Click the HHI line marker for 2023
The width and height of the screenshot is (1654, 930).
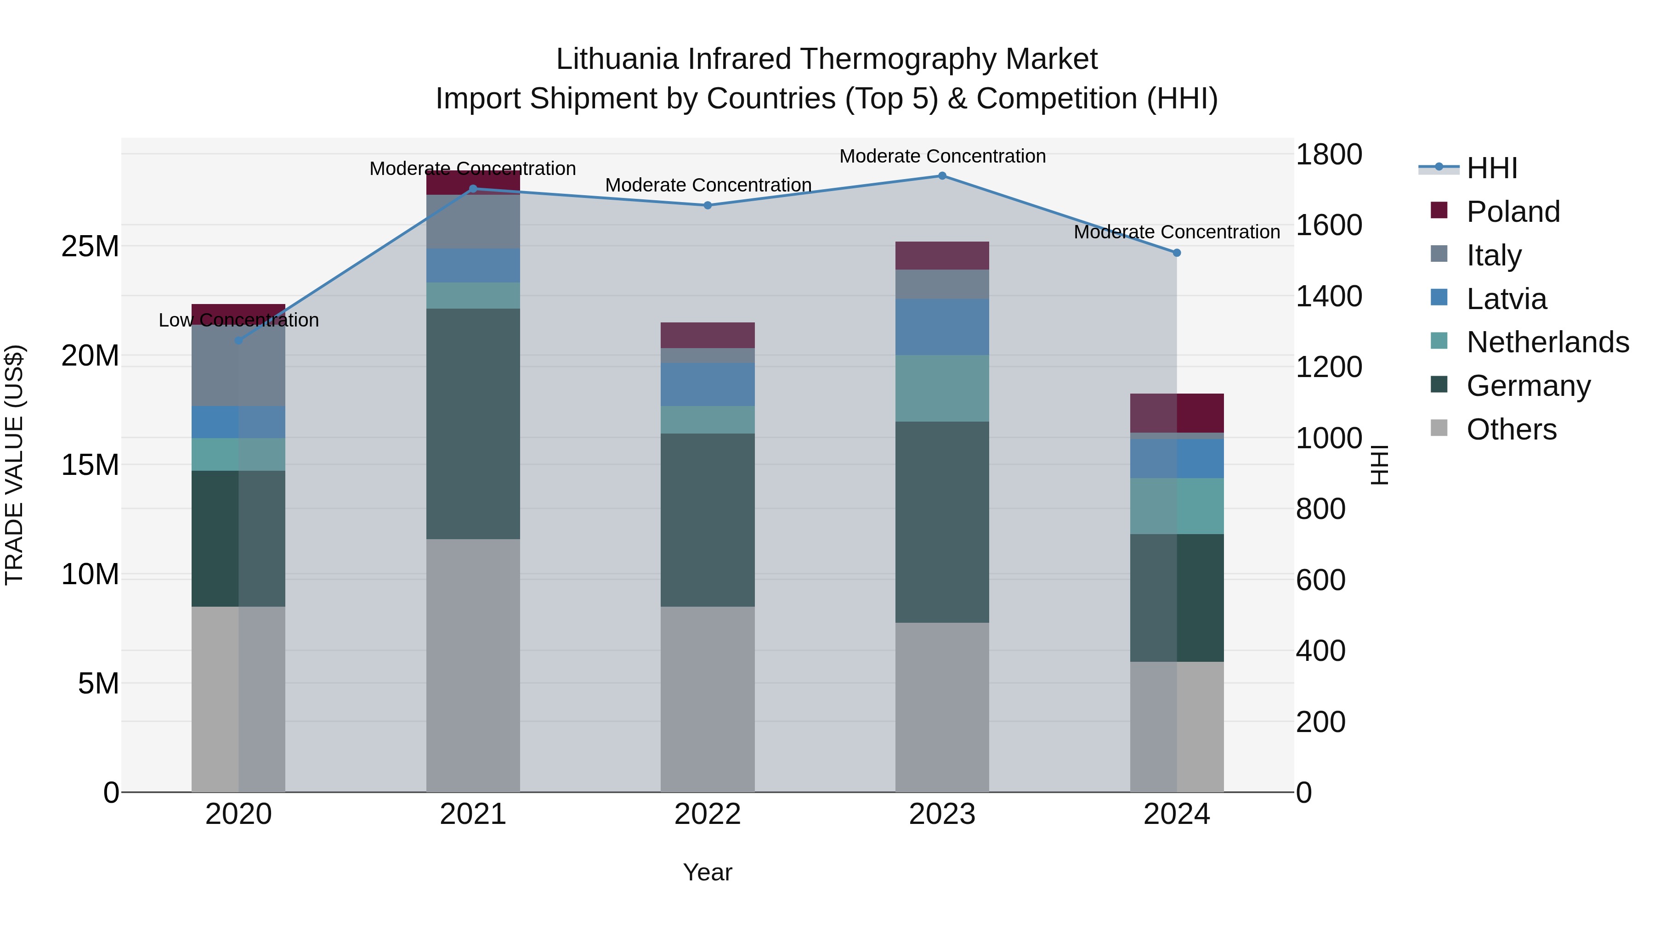pyautogui.click(x=942, y=176)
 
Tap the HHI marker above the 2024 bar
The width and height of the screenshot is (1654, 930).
pyautogui.click(x=1176, y=253)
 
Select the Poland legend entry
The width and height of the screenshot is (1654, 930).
pyautogui.click(x=1513, y=212)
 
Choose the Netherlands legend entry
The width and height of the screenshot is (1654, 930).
pyautogui.click(x=1547, y=342)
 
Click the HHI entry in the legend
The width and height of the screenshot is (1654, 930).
pyautogui.click(x=1491, y=168)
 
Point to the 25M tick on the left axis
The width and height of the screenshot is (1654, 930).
pyautogui.click(x=90, y=247)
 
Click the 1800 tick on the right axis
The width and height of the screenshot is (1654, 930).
pyautogui.click(x=1328, y=155)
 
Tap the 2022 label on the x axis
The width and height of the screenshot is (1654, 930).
pyautogui.click(x=708, y=814)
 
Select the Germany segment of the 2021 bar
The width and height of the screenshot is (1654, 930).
pyautogui.click(x=473, y=423)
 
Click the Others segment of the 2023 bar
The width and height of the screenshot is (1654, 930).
pyautogui.click(x=942, y=706)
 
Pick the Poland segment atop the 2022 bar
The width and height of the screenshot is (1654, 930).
pyautogui.click(x=708, y=335)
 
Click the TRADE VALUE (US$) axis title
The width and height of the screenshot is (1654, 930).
pyautogui.click(x=15, y=465)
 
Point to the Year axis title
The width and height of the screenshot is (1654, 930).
pyautogui.click(x=708, y=872)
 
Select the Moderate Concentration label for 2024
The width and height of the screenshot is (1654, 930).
pyautogui.click(x=1176, y=232)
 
